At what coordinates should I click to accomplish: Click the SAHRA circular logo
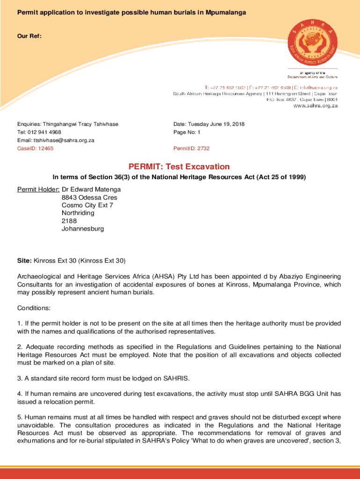[311, 43]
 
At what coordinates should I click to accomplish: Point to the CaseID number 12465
[45, 148]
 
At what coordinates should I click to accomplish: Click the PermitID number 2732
[203, 148]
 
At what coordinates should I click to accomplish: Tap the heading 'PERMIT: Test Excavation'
[179, 167]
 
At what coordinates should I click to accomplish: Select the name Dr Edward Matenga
[91, 189]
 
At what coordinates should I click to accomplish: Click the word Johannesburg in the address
[83, 229]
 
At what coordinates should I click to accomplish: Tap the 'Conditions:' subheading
[34, 308]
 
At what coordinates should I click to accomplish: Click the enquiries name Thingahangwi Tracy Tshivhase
[80, 124]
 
